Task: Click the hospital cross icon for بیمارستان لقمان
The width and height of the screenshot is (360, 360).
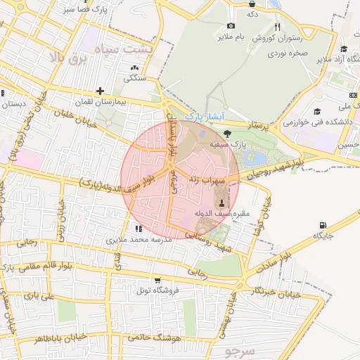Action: coord(101,91)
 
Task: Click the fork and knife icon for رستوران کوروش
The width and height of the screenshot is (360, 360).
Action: coord(278,27)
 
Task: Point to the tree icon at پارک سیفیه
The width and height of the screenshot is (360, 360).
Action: coord(226,134)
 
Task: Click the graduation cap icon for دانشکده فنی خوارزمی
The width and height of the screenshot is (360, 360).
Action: coord(317,111)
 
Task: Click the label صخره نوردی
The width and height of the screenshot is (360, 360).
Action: coord(292,52)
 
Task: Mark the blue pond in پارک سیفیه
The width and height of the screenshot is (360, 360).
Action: coord(252,156)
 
